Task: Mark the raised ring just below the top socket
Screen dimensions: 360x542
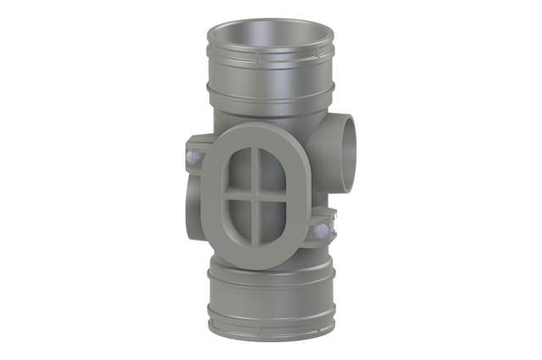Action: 269,88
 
